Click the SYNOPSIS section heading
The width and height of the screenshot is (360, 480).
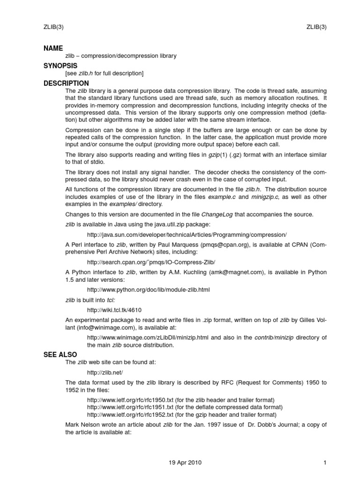click(x=60, y=66)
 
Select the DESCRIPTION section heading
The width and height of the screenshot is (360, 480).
click(x=66, y=83)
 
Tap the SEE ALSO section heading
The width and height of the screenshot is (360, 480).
click(x=60, y=354)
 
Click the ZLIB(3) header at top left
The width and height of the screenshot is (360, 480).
click(x=53, y=27)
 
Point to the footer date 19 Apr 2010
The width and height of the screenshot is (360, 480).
click(x=185, y=463)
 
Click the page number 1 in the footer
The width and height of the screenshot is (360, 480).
click(x=324, y=463)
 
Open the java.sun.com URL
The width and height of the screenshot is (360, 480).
click(x=187, y=234)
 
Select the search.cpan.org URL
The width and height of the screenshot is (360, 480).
click(x=151, y=262)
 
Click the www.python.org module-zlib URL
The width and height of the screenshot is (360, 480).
click(x=149, y=290)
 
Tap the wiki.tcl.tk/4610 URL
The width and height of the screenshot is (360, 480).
click(x=114, y=310)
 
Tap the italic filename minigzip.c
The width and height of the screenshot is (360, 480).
click(x=266, y=197)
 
